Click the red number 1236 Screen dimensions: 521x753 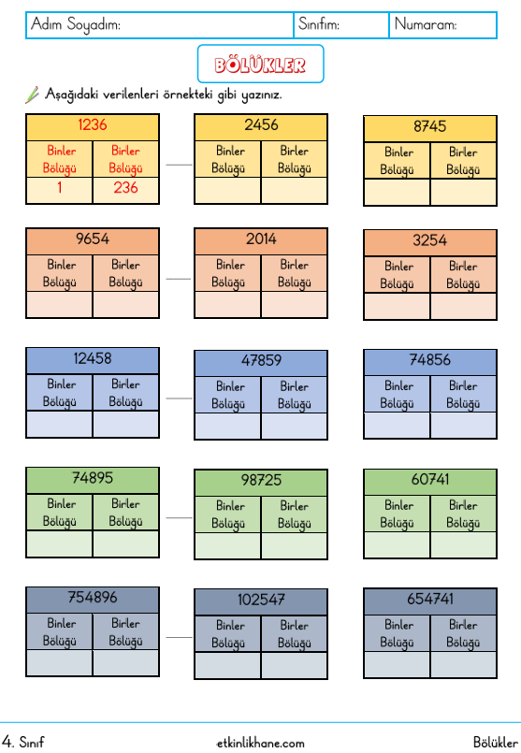click(x=93, y=124)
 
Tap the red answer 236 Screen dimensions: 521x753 click(x=126, y=187)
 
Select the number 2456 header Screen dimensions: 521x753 click(x=261, y=124)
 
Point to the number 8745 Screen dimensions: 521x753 click(x=429, y=126)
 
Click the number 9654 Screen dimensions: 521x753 click(x=93, y=239)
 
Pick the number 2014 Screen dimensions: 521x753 click(x=261, y=239)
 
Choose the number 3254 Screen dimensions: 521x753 click(x=429, y=240)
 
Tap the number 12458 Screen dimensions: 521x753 click(x=93, y=358)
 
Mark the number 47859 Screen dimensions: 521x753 click(x=261, y=360)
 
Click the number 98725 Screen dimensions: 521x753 click(x=261, y=480)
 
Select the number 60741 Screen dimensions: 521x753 click(x=429, y=479)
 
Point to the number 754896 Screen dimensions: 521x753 click(x=93, y=598)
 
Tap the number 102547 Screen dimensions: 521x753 click(x=261, y=600)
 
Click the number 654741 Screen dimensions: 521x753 click(x=429, y=599)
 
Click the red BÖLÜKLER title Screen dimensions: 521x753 click(x=260, y=65)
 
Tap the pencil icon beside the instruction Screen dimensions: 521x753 click(x=32, y=94)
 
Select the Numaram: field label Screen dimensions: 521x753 click(x=426, y=24)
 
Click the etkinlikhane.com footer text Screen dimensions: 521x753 click(x=260, y=743)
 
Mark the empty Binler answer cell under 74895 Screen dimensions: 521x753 click(x=60, y=544)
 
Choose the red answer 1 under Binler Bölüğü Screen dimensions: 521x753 click(x=60, y=187)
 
